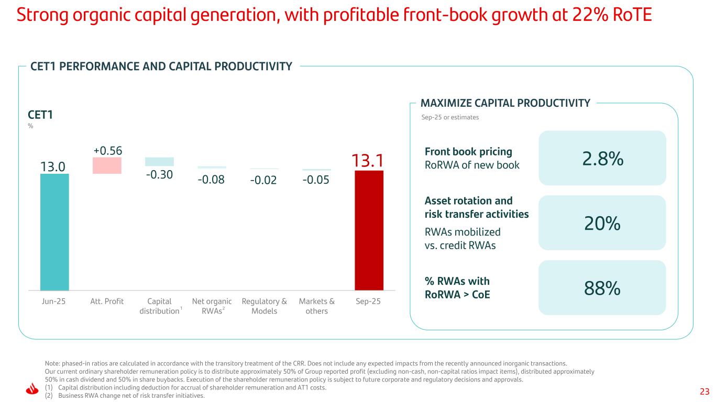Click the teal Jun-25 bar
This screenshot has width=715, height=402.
click(54, 231)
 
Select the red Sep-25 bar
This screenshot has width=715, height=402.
click(369, 230)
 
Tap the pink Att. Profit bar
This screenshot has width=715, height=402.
click(107, 165)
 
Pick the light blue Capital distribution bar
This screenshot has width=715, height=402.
click(159, 162)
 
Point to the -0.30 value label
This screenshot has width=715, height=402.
click(159, 174)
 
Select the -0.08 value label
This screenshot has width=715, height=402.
click(212, 180)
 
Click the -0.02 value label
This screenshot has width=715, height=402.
click(264, 181)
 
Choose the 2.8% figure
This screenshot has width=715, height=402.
click(602, 159)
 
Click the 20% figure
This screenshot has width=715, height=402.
click(602, 224)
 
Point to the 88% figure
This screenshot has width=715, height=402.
click(602, 288)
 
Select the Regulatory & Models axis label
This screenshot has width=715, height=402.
click(264, 306)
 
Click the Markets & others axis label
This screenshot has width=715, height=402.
click(316, 306)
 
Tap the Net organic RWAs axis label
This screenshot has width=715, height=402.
click(212, 306)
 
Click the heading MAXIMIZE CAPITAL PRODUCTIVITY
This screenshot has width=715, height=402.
click(505, 103)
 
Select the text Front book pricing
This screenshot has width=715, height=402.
click(468, 152)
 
